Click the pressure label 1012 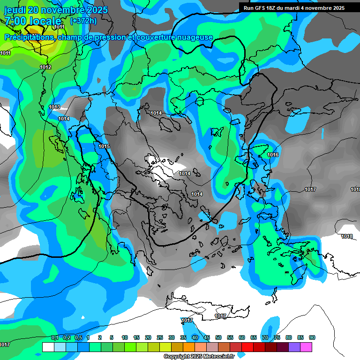[45, 67]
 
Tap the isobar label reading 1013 [54, 107]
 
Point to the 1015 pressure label [104, 147]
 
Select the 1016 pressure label [273, 155]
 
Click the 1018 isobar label [347, 236]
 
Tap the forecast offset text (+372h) [83, 21]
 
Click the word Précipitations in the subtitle [29, 37]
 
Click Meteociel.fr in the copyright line [216, 356]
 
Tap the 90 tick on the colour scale [312, 337]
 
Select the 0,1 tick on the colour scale [54, 337]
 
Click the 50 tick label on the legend [218, 337]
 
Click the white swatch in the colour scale [48, 347]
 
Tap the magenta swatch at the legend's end [306, 347]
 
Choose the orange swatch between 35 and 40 [189, 347]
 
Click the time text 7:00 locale [33, 21]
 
